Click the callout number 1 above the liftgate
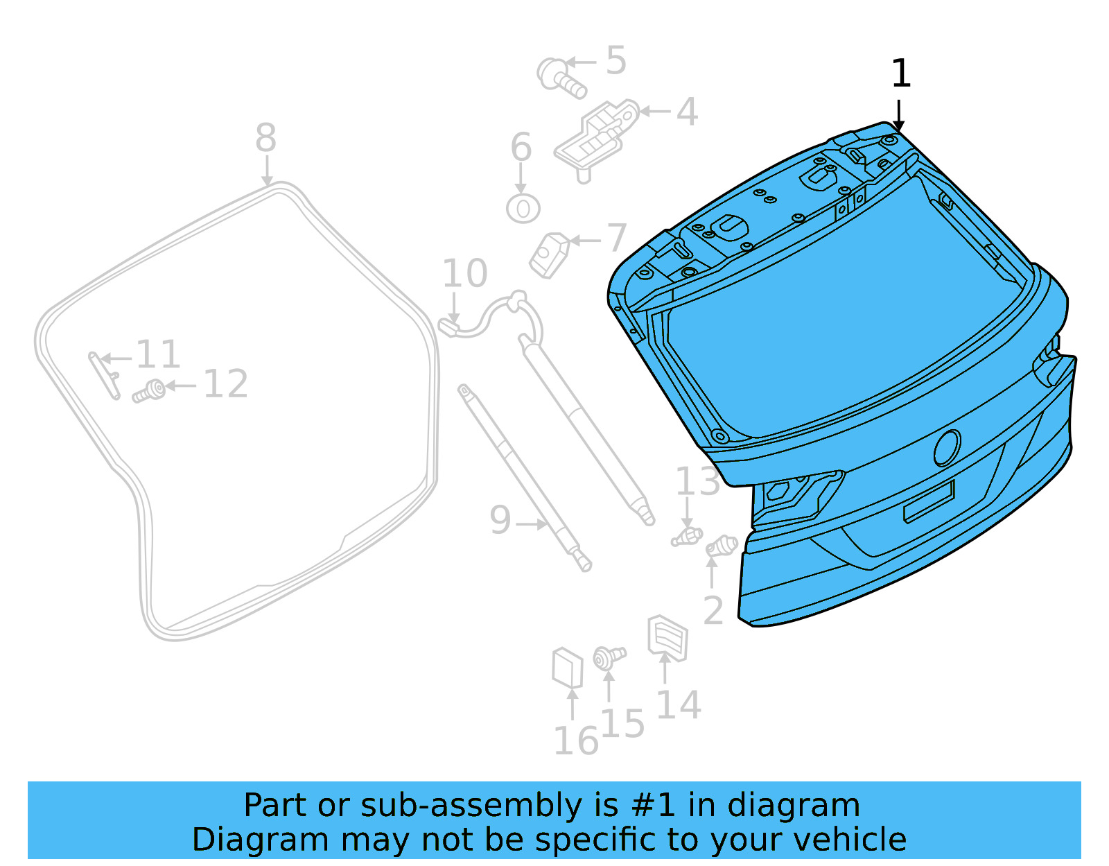coord(900,74)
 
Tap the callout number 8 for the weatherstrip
coord(266,138)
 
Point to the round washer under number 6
coord(523,208)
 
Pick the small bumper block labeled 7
coord(550,255)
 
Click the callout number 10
coord(464,273)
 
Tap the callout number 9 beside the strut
coord(500,520)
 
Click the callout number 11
coord(158,355)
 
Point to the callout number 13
coord(697,482)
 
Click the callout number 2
coord(713,611)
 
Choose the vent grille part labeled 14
coord(667,637)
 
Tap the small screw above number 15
coord(609,656)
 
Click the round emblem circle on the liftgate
coord(947,448)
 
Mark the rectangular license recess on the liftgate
coord(929,502)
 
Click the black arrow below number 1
coord(898,115)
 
